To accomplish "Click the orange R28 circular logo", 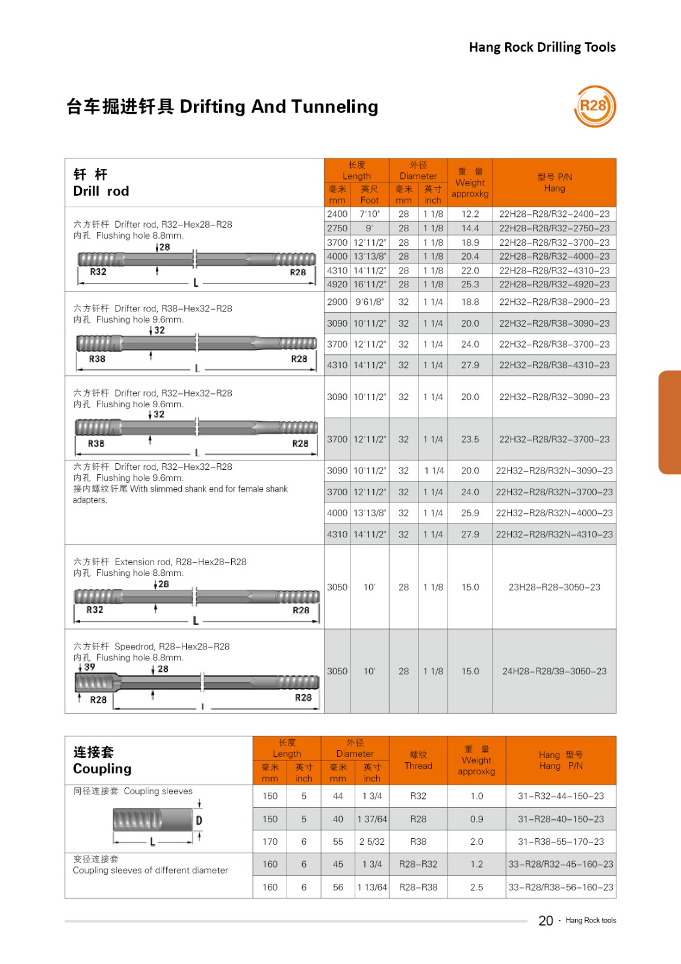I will point(595,107).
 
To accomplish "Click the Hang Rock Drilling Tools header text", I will point(542,47).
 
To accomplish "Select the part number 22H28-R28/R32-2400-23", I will point(554,214).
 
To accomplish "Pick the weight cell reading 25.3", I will point(470,284).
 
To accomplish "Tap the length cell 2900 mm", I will point(337,302).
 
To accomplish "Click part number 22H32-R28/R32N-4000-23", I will point(554,513).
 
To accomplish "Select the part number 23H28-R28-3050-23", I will point(554,587).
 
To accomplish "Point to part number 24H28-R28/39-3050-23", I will point(554,671).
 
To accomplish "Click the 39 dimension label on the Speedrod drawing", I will point(90,667).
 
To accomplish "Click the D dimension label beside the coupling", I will point(199,821).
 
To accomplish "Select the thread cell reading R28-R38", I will point(418,887).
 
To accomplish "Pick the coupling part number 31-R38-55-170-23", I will point(561,842).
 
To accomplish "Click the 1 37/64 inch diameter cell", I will point(372,819).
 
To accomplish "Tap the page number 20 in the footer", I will point(546,921).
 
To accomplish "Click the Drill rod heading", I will point(101,191).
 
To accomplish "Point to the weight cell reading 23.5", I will point(470,439).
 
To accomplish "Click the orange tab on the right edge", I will point(670,422).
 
